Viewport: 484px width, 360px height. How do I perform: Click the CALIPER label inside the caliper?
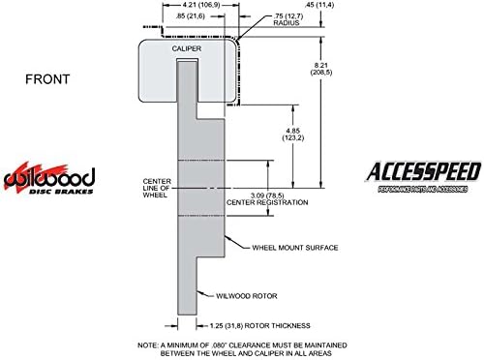coord(187,48)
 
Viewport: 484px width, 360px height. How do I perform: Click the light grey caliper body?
coord(156,77)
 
